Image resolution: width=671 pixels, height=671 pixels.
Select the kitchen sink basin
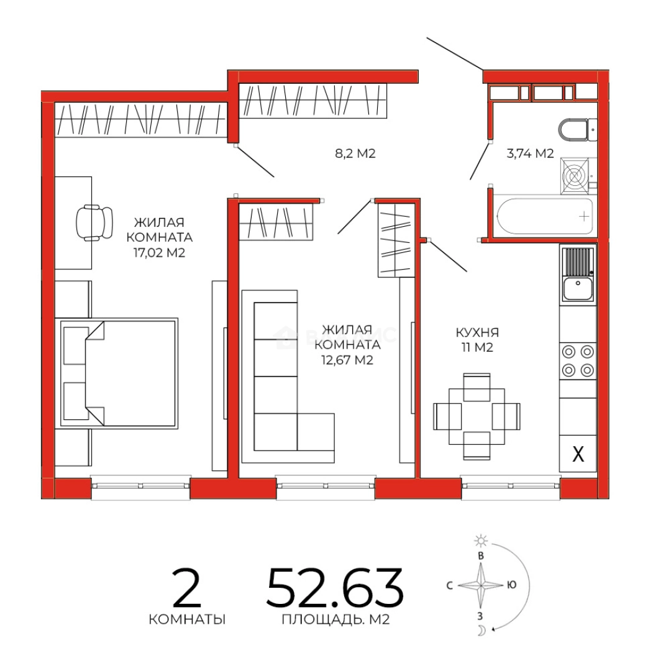pos(578,288)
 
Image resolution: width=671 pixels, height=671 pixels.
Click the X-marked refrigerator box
pos(578,454)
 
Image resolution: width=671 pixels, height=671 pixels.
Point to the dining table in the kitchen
pos(477,416)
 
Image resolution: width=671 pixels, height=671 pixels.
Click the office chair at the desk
pos(94,222)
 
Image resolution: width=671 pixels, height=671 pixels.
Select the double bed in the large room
pos(119,373)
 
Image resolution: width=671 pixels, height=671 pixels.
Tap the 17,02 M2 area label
pos(159,253)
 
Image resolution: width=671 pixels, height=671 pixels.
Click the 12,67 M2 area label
pos(347,360)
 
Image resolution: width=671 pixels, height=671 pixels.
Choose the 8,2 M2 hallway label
pos(355,153)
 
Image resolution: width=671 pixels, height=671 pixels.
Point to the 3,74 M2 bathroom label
pos(530,153)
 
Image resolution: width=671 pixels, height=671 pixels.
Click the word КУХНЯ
pos(477,332)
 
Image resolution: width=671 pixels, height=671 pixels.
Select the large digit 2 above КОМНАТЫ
pos(186,587)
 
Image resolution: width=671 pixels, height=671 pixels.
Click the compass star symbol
pos(481,585)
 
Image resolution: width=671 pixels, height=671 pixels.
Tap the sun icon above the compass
pos(481,541)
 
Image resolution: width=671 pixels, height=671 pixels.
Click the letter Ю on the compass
pos(511,585)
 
